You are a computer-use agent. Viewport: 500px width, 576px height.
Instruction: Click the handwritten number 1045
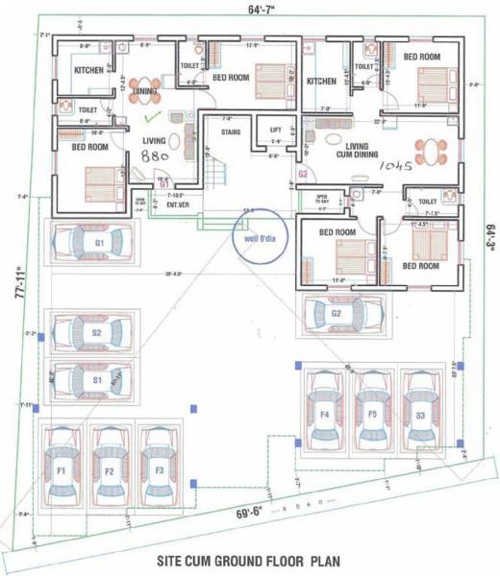394,165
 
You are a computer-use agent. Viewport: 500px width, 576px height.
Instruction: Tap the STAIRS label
231,133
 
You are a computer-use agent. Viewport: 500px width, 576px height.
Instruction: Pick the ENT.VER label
177,204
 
